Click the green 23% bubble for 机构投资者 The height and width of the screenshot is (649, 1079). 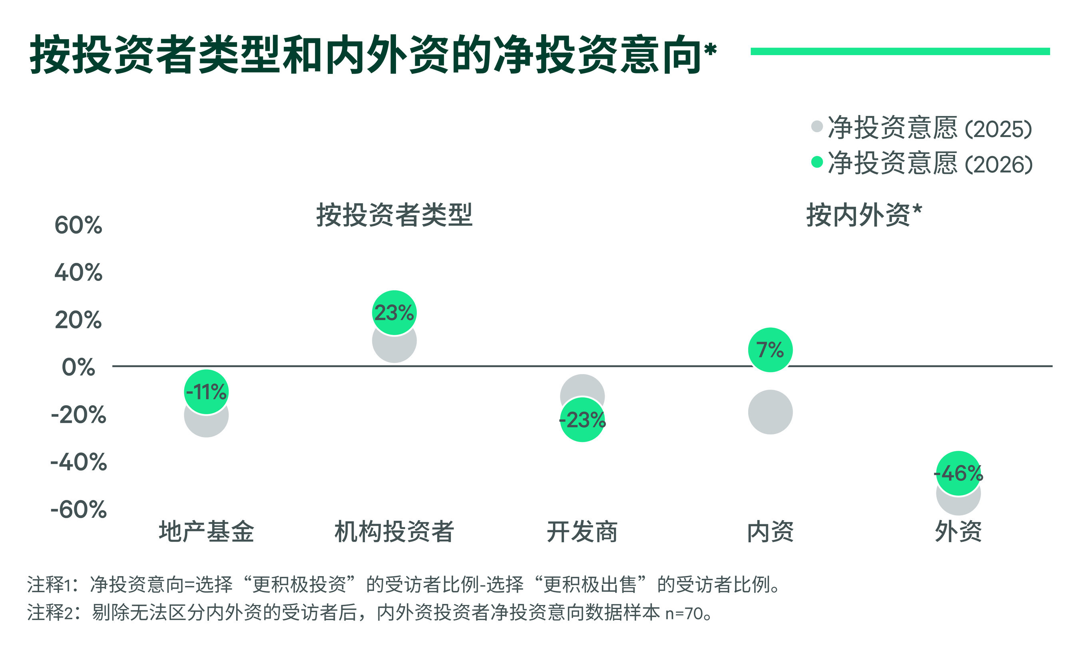click(x=394, y=313)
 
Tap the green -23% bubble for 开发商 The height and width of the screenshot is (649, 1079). click(x=582, y=420)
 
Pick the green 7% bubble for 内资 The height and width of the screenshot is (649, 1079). click(x=770, y=350)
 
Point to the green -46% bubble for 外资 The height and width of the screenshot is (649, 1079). click(x=958, y=473)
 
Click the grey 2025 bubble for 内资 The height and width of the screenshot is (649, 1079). click(x=770, y=412)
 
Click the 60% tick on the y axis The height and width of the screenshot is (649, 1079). click(x=78, y=226)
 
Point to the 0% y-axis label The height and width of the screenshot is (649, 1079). click(x=78, y=367)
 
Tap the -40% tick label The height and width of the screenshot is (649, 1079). click(x=78, y=462)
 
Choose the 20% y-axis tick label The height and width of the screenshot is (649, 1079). click(x=78, y=320)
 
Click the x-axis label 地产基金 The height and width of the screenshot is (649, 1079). click(x=206, y=532)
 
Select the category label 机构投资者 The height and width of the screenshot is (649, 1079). click(x=394, y=532)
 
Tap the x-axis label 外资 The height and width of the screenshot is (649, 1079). click(x=958, y=532)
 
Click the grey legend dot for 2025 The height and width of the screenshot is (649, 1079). click(x=817, y=126)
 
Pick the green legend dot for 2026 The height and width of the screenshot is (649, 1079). click(x=817, y=162)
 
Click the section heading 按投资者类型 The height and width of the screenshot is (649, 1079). click(x=394, y=215)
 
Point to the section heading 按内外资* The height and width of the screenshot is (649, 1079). click(x=864, y=215)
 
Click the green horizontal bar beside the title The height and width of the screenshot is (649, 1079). click(x=900, y=52)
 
